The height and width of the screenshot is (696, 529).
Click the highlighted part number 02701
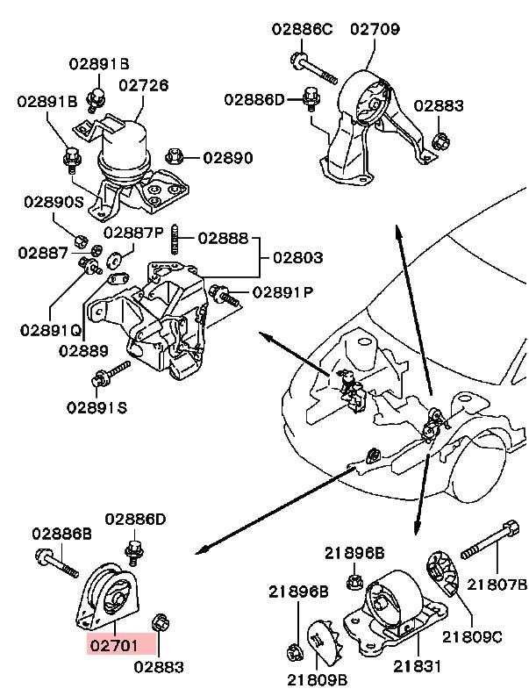[114, 645]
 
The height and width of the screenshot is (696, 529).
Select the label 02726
[143, 85]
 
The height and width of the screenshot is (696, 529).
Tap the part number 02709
[375, 29]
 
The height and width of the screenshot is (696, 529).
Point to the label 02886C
[302, 29]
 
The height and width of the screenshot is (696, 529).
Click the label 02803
[297, 257]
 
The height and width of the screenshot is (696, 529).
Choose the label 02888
[223, 239]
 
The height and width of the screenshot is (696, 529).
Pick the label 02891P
[283, 292]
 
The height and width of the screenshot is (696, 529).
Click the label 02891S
[97, 407]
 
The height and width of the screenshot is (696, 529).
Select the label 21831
[418, 666]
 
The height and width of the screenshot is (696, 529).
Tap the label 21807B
[497, 585]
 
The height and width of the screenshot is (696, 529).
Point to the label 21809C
[472, 637]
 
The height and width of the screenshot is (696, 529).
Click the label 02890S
[54, 202]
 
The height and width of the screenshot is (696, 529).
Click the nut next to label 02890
[174, 156]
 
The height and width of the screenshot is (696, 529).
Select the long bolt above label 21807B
[490, 539]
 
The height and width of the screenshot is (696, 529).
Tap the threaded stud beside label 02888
[175, 240]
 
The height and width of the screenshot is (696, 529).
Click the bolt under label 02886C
[314, 68]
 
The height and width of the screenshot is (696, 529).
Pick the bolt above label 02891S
[111, 374]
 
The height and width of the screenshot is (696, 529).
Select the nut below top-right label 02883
[440, 141]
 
